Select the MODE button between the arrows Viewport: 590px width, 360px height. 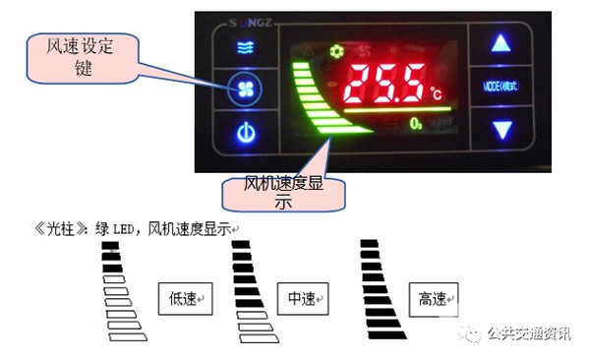502,86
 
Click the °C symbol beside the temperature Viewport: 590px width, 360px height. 437,93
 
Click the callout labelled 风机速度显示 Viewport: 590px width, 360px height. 284,192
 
